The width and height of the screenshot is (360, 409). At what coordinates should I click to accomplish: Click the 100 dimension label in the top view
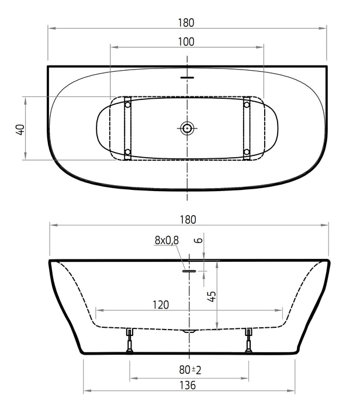[x=186, y=41]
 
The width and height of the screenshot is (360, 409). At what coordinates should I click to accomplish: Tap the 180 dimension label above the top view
[x=186, y=23]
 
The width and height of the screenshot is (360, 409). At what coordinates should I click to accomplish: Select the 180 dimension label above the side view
[x=188, y=220]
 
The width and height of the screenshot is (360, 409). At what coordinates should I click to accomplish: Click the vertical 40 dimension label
[x=20, y=130]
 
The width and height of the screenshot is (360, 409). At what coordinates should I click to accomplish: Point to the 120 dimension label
[x=161, y=304]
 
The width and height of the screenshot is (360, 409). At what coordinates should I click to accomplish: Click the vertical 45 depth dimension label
[x=212, y=297]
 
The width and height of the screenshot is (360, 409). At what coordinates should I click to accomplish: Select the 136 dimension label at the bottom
[x=188, y=385]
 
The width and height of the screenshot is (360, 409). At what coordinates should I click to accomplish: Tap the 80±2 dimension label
[x=190, y=370]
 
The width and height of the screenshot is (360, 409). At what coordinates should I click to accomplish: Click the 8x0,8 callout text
[x=167, y=240]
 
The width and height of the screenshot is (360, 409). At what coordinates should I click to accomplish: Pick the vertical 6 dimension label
[x=199, y=240]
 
